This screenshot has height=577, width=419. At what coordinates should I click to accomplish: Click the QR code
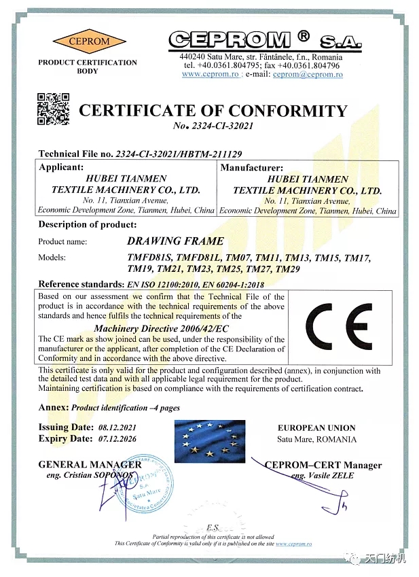pos(53,108)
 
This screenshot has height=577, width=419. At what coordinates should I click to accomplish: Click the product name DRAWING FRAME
pos(175,241)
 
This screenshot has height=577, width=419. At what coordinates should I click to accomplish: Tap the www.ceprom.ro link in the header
pos(210,74)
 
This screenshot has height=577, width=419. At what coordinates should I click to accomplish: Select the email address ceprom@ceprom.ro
pos(308,74)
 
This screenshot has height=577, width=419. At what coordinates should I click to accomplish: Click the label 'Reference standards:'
pos(80,284)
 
